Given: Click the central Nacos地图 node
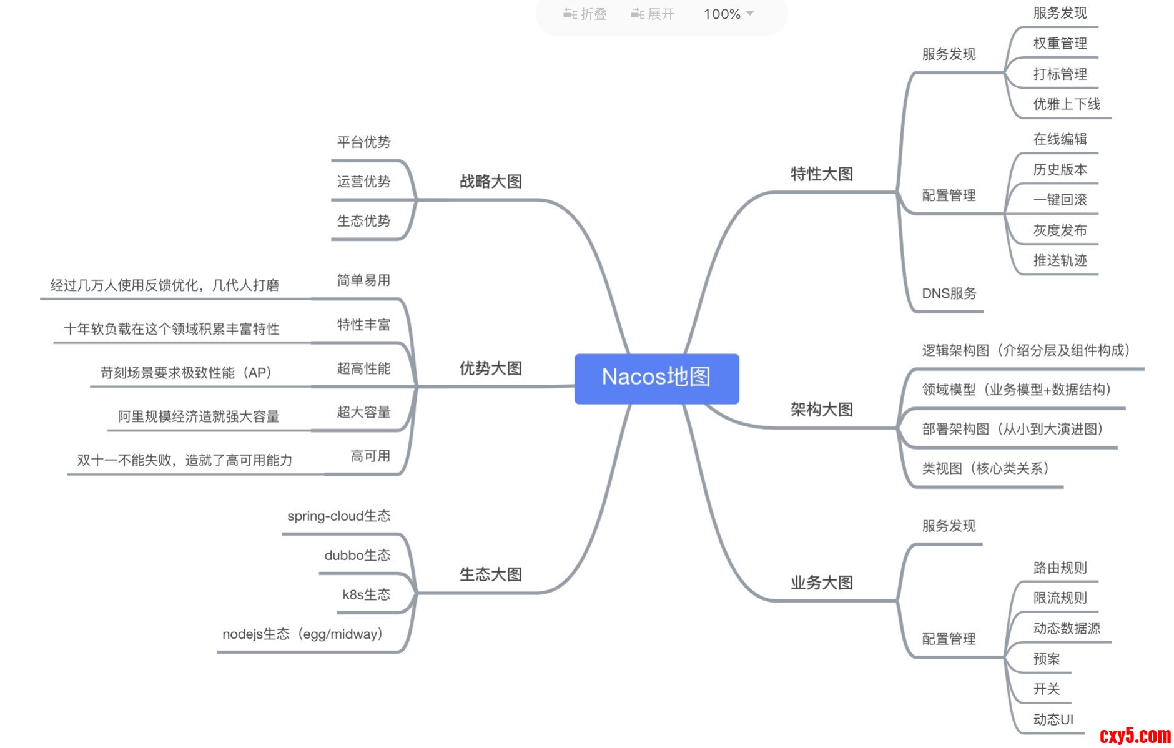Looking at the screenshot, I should [656, 377].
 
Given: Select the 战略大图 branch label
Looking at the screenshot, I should [490, 182].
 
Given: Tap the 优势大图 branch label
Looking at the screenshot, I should [490, 368].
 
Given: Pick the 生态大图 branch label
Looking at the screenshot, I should [490, 574].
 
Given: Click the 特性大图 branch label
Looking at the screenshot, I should [821, 174].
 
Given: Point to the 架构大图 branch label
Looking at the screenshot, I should [821, 410].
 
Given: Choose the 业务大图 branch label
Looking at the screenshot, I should [821, 583].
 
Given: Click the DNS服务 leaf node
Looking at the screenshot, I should [949, 293].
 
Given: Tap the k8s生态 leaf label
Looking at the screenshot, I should [366, 595].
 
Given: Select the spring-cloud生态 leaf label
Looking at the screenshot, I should [338, 516].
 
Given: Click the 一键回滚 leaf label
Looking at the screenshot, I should [1060, 200].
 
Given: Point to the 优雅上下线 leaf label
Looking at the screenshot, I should [1066, 104].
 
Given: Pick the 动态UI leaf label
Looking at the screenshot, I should [1053, 720].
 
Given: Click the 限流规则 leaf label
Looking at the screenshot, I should [1060, 598].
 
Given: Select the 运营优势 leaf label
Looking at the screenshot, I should [363, 182].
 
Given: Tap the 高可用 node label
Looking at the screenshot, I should [370, 456].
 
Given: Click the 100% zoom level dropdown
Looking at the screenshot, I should [728, 14].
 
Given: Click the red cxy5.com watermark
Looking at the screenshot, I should [1135, 736].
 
